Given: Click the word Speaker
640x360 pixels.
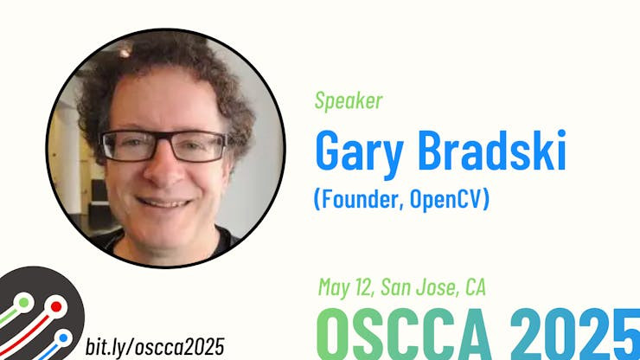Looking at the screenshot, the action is point(349,101).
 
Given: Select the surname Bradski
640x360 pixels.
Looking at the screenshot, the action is point(492,150).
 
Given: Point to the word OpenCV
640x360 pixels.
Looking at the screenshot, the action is point(446,198).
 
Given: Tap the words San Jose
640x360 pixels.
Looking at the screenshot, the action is point(420,286).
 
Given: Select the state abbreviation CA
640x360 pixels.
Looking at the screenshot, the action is point(476,286).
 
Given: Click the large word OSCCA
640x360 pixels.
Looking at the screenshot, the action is point(404,334).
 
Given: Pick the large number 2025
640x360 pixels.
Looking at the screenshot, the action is point(574,334).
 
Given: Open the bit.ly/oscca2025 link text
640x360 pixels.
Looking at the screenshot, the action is point(155,347).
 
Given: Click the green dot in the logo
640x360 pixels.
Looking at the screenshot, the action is point(23,303).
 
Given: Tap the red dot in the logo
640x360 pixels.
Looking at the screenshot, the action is point(56,307).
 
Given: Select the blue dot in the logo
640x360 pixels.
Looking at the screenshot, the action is point(63,338).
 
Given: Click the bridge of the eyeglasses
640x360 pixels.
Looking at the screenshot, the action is point(163,141).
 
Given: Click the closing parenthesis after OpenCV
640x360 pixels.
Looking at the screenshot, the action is point(486,199).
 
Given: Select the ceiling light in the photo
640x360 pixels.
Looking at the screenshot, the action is point(125,52).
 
